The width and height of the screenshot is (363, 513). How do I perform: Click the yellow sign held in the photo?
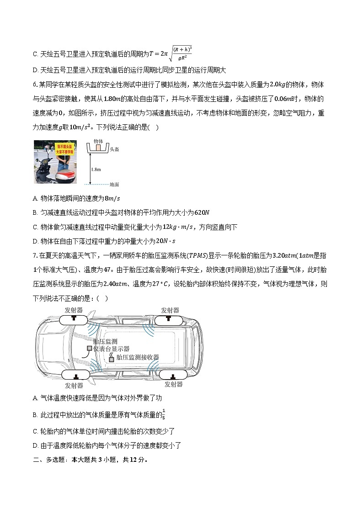65,148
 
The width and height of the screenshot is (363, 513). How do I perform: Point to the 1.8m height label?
96,169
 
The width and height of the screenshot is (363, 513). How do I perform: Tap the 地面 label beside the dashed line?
114,185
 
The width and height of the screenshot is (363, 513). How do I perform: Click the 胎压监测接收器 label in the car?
138,357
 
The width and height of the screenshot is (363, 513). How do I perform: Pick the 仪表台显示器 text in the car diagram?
112,349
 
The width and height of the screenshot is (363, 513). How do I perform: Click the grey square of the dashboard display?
90,349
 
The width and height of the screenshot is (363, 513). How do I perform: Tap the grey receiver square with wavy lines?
111,359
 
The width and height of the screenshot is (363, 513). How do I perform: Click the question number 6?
35,85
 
